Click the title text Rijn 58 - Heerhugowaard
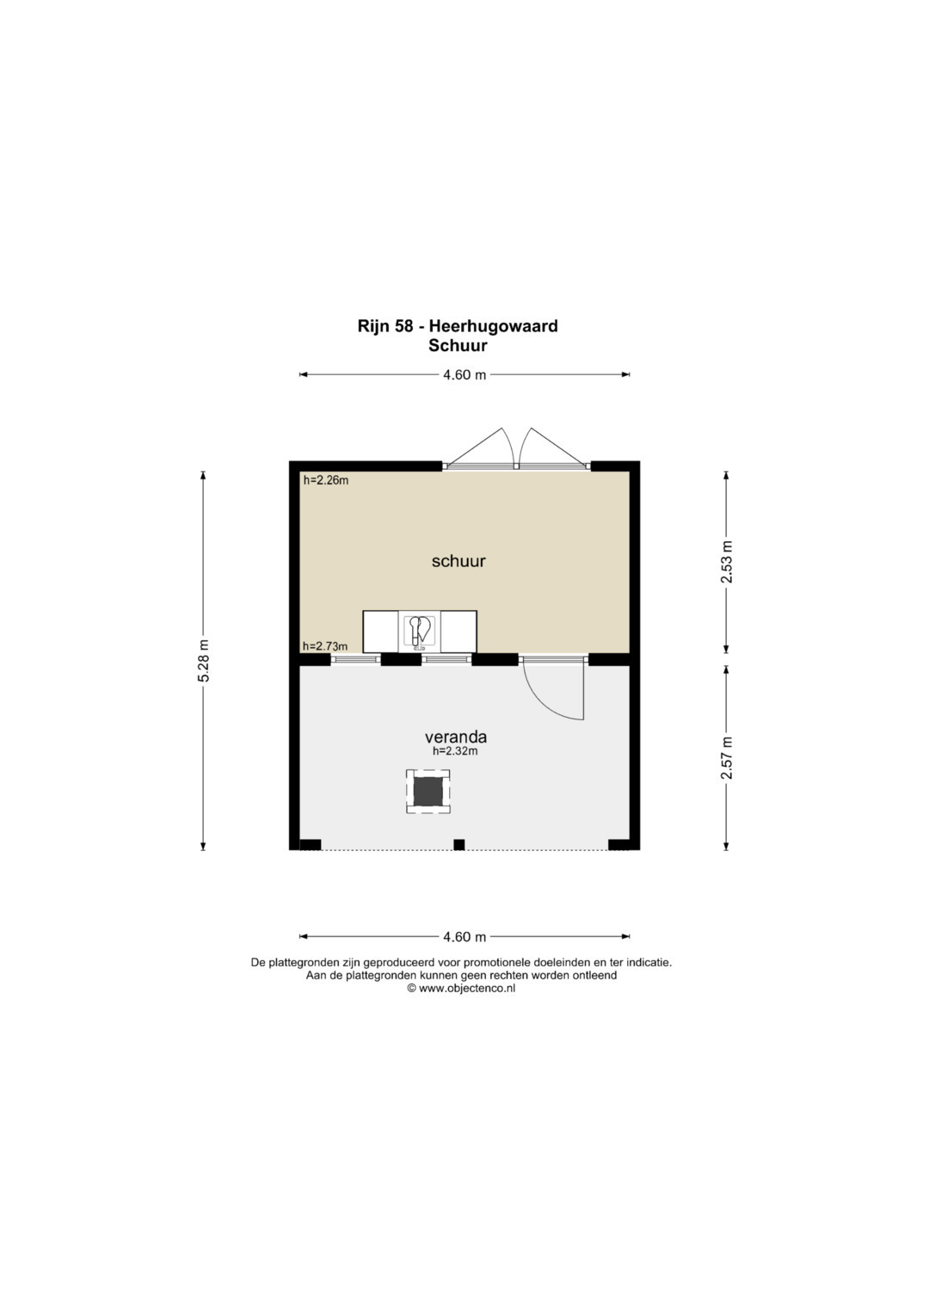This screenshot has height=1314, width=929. point(458,326)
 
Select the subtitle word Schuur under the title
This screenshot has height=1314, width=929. point(458,346)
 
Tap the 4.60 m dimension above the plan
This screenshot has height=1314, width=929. point(464,375)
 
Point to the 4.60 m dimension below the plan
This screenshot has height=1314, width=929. point(464,937)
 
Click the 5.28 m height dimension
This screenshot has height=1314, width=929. point(204,661)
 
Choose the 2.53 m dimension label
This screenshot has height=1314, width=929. point(727,561)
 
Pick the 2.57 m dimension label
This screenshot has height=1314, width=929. point(727,757)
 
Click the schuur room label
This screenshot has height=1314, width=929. point(458,561)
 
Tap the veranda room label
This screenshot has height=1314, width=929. point(456,737)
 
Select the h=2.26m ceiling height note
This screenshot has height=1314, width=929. point(326,480)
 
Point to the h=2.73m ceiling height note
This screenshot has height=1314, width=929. point(325,646)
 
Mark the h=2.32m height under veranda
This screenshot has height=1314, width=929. point(455,751)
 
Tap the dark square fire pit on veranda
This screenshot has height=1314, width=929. point(428,792)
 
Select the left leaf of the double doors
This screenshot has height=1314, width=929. point(481,447)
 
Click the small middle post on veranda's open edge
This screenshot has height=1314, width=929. point(459,845)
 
